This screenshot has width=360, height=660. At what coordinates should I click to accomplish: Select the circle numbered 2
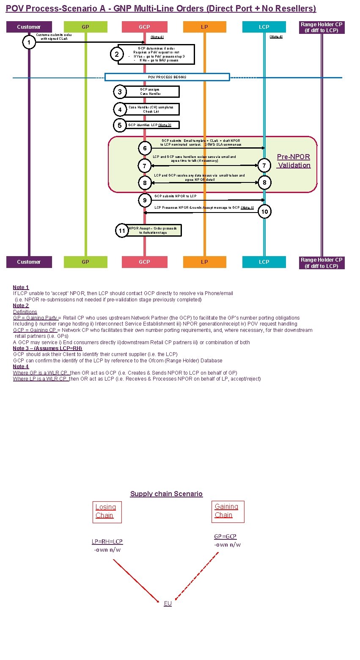[117, 54]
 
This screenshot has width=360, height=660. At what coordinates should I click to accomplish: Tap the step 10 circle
[264, 211]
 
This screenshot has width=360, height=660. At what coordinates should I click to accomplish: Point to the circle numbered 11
[122, 231]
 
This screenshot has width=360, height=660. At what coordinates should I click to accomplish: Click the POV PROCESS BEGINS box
[167, 77]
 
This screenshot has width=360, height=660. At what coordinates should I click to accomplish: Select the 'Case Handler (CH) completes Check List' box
[151, 109]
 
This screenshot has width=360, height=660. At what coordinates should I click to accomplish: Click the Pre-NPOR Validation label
[294, 161]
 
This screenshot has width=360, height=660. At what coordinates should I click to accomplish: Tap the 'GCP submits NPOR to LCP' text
[176, 196]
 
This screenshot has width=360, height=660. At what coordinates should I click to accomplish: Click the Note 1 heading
[21, 287]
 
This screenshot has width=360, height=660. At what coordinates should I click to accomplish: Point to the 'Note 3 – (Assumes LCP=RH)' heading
[47, 348]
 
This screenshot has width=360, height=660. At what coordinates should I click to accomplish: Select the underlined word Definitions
[25, 312]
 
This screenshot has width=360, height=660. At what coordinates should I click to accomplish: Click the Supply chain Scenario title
[166, 494]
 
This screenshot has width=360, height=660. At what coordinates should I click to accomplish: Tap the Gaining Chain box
[227, 511]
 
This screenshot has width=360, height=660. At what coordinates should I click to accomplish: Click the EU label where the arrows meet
[168, 603]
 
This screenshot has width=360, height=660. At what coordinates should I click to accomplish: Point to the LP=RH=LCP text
[107, 541]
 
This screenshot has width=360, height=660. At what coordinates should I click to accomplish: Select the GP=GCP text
[225, 536]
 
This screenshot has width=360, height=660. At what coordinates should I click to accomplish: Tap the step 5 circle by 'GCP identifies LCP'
[120, 125]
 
